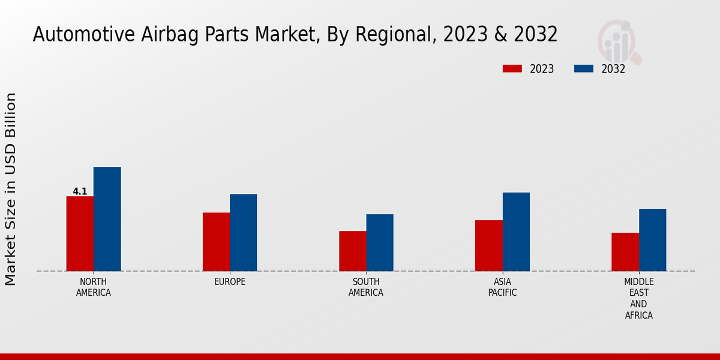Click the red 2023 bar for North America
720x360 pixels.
click(x=80, y=233)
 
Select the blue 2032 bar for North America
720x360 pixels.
click(x=107, y=219)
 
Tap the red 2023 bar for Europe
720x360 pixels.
click(x=216, y=242)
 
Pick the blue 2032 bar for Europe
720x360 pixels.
click(x=243, y=232)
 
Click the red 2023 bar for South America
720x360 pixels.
click(x=352, y=251)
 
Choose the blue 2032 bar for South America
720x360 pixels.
click(x=380, y=242)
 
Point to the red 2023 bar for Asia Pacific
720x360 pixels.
click(x=488, y=245)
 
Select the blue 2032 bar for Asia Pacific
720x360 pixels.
click(x=516, y=232)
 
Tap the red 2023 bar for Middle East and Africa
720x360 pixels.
click(x=625, y=252)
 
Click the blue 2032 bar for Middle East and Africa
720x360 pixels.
click(x=652, y=240)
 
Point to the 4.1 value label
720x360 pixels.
click(x=80, y=191)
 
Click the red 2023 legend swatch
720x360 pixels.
click(x=512, y=69)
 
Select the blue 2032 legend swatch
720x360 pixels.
click(x=583, y=69)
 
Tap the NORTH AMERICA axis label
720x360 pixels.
click(x=94, y=287)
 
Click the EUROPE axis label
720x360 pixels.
click(x=230, y=282)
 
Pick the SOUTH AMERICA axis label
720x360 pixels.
click(x=366, y=287)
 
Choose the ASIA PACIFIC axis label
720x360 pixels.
click(x=502, y=287)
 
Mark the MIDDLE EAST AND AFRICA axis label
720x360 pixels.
click(x=638, y=298)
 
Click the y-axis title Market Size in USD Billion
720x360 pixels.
click(x=11, y=189)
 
